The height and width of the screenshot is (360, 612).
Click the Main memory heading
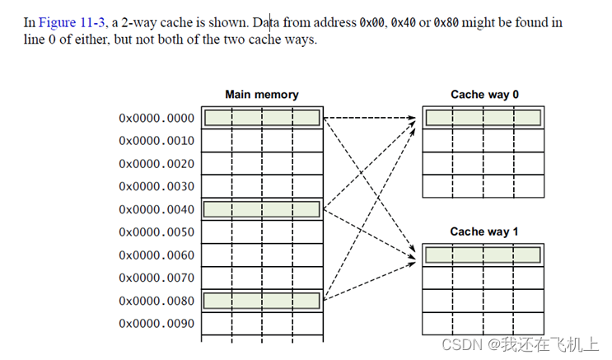coord(262,95)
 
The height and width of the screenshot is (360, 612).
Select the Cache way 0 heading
coord(484,95)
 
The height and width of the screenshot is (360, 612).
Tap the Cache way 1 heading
coord(484,231)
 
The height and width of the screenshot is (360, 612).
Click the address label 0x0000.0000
coord(157,118)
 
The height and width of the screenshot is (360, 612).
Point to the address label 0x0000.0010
coord(157,141)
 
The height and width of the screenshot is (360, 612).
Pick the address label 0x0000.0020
coord(157,163)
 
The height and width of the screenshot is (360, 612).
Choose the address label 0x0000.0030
coord(157,186)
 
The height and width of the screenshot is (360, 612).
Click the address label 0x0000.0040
coord(157,209)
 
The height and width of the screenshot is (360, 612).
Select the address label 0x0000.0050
coord(157,232)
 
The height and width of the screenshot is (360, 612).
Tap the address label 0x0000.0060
coord(157,255)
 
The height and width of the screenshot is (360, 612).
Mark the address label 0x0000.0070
coord(157,278)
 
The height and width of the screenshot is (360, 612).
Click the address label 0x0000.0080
coord(157,301)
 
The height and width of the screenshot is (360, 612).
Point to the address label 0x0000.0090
coord(157,324)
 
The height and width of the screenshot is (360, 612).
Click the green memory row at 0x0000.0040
coord(262,209)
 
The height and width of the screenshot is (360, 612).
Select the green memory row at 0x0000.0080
coord(262,301)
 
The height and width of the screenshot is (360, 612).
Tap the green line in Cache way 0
coord(484,118)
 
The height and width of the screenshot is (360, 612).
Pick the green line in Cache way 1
coord(484,255)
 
